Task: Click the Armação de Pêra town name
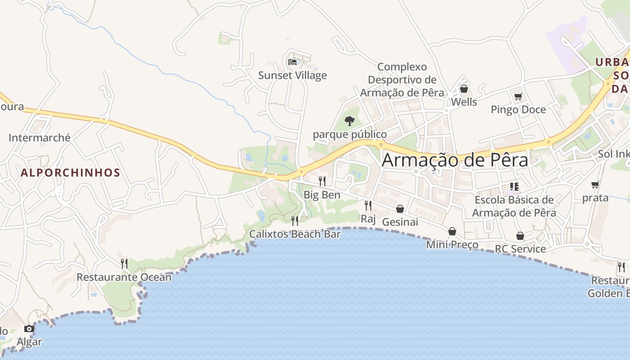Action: (454, 160)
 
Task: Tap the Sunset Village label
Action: (292, 75)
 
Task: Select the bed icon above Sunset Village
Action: (292, 62)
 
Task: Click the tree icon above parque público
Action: (349, 121)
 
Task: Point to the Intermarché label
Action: (40, 138)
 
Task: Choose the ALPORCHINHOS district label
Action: (70, 173)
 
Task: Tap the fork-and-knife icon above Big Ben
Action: (322, 181)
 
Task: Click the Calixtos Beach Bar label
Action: (295, 234)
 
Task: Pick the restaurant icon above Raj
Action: (368, 206)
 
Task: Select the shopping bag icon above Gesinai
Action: (400, 209)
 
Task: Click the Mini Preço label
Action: (452, 245)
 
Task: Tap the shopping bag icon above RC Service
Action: (520, 236)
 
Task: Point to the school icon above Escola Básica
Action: (514, 186)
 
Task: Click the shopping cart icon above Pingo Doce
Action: (518, 96)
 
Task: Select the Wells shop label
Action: (464, 102)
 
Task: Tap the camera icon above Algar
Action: (29, 328)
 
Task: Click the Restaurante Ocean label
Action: (124, 277)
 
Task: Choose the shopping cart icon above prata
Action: (595, 184)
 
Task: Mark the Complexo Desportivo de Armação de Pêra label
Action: (402, 80)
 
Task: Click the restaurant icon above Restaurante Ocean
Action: (124, 263)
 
